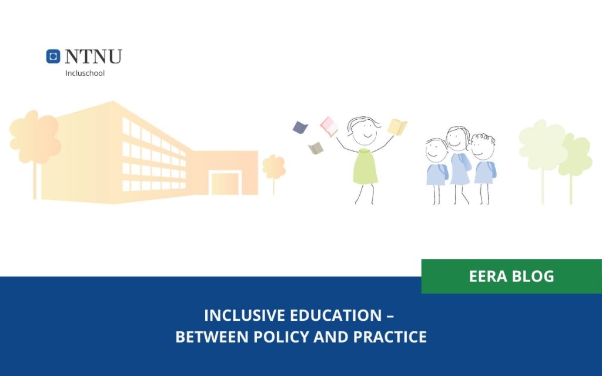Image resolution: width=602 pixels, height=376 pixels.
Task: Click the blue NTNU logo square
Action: (x=53, y=56)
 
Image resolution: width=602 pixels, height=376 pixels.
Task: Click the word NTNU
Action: (x=93, y=56)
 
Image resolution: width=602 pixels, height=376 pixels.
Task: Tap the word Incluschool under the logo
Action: (x=85, y=73)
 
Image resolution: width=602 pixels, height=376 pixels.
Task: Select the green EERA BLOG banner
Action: (x=511, y=276)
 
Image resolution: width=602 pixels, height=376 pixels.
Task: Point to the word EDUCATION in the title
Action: (x=333, y=315)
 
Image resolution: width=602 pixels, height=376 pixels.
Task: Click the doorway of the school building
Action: (x=225, y=183)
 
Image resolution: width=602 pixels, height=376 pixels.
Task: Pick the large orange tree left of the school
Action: (x=35, y=138)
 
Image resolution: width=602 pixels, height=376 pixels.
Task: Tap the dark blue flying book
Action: (x=300, y=126)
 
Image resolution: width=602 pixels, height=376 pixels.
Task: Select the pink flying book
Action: (x=328, y=126)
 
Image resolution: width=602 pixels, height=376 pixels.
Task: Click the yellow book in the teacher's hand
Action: (x=397, y=126)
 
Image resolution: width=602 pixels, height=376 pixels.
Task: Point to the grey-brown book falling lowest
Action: (x=316, y=148)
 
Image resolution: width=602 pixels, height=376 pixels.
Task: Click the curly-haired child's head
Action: (x=483, y=147)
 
